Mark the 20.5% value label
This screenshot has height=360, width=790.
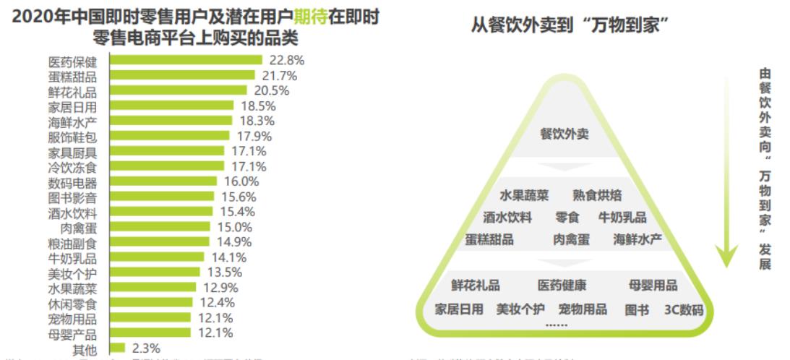[272, 90]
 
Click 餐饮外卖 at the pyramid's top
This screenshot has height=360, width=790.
[564, 134]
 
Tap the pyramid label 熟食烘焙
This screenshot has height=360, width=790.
[597, 195]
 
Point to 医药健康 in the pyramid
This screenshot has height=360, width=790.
[562, 286]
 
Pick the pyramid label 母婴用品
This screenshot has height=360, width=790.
[653, 286]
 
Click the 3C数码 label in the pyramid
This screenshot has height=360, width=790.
[683, 309]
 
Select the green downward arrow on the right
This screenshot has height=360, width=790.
[726, 166]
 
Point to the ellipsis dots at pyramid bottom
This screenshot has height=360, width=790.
[556, 326]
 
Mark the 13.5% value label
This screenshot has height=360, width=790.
[221, 273]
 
